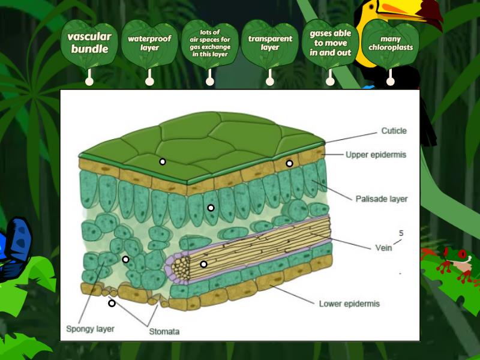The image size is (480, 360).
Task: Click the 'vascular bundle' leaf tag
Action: [x=89, y=43]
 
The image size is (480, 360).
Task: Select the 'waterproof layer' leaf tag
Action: [x=149, y=43]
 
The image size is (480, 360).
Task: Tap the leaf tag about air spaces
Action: [x=209, y=43]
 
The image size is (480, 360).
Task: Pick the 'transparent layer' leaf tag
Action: [x=270, y=43]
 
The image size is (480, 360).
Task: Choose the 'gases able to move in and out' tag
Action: [x=330, y=43]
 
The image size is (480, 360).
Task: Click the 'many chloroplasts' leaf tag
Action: [x=391, y=43]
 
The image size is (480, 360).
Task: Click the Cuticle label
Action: [x=394, y=131]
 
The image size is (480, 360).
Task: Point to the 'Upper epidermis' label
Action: [x=376, y=154]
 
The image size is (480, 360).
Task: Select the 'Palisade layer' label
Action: [x=381, y=199]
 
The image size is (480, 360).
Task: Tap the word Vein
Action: [x=383, y=247]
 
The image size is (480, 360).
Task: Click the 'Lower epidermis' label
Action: [x=349, y=304]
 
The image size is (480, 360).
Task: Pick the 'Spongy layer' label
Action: [x=90, y=329]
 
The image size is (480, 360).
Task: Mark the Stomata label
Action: [x=164, y=331]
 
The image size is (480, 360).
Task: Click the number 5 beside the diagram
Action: [x=401, y=233]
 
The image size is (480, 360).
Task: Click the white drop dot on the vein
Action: [x=203, y=264]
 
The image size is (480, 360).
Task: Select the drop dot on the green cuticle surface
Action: [x=162, y=161]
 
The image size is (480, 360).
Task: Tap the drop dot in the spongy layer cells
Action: [x=125, y=259]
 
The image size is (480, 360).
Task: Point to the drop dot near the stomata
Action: [x=112, y=303]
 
